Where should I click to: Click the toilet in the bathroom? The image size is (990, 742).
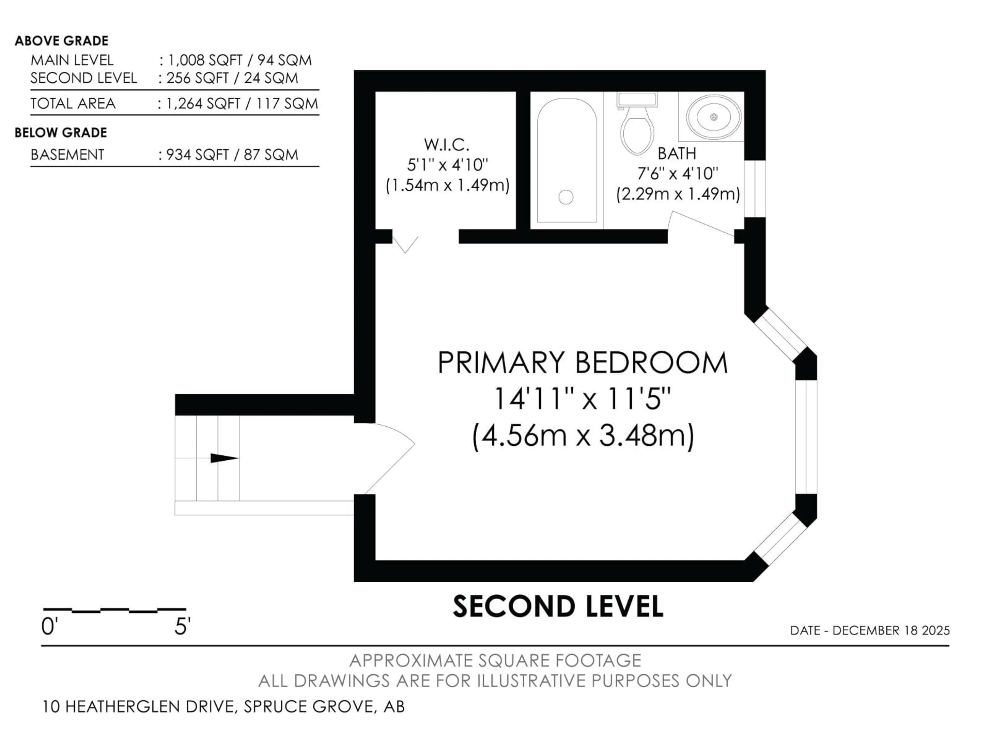point(637,128)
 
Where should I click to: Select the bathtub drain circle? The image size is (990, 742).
point(566,197)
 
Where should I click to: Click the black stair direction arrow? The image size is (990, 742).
point(224,458)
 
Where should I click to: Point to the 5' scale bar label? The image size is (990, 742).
point(182,627)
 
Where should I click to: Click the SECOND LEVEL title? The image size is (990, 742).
point(558,607)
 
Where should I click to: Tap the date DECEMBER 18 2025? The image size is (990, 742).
point(891,631)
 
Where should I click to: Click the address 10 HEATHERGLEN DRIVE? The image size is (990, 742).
point(139,707)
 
